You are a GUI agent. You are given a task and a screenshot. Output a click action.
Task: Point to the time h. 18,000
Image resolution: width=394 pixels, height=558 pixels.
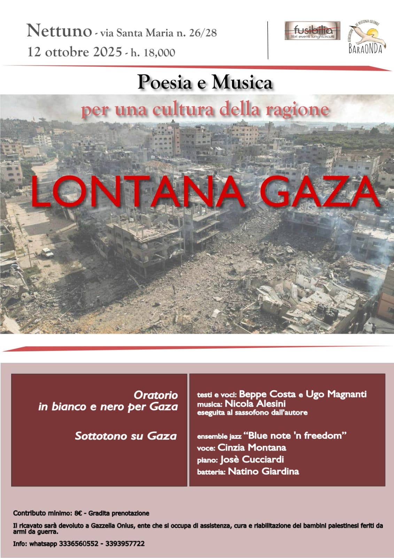pyautogui.click(x=153, y=53)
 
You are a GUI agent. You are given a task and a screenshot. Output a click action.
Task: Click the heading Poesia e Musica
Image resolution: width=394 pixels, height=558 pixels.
pyautogui.click(x=205, y=83)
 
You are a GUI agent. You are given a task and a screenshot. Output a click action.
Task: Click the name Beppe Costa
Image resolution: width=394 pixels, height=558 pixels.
pyautogui.click(x=267, y=394)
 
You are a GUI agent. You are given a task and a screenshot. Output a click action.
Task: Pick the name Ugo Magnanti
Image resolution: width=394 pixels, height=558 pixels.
pyautogui.click(x=336, y=394)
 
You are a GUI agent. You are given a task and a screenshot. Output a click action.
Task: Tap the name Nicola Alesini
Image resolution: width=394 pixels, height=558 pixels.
pyautogui.click(x=255, y=404)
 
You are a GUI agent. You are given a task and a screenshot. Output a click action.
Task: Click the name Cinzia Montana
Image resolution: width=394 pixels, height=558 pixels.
pyautogui.click(x=252, y=447)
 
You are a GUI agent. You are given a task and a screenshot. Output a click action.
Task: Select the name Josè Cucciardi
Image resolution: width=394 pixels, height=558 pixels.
pyautogui.click(x=252, y=459)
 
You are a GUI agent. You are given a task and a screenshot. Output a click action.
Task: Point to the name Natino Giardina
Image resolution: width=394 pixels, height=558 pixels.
pyautogui.click(x=263, y=472)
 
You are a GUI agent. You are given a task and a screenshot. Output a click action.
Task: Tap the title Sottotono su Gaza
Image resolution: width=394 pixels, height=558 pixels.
pyautogui.click(x=125, y=436)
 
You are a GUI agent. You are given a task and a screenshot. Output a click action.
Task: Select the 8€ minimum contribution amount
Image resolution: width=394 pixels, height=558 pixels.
pyautogui.click(x=78, y=513)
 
